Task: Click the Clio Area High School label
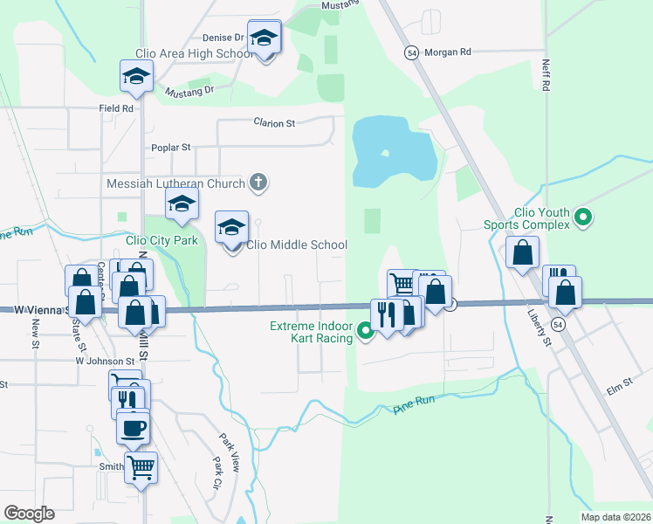click(x=194, y=54)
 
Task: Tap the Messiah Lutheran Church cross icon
click(x=258, y=183)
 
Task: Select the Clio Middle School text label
click(x=297, y=245)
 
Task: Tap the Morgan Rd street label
click(x=447, y=52)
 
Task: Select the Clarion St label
click(x=274, y=123)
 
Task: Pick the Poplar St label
click(x=170, y=148)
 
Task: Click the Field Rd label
click(x=115, y=109)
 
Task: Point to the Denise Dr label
click(x=223, y=38)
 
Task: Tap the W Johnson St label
click(x=106, y=360)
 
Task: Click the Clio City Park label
click(x=162, y=241)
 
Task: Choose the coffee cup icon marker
click(x=134, y=428)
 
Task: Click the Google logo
click(x=29, y=514)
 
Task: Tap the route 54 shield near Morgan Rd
click(x=410, y=52)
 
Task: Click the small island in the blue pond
click(x=384, y=155)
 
